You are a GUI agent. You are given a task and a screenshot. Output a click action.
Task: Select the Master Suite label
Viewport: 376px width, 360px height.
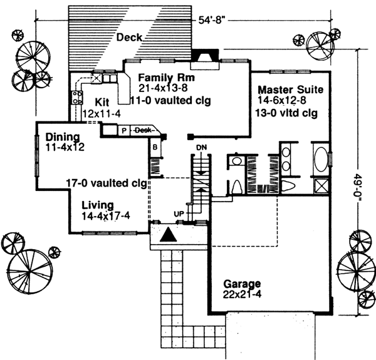[x=290, y=90]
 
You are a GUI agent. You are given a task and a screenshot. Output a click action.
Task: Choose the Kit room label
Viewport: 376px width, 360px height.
[x=103, y=101]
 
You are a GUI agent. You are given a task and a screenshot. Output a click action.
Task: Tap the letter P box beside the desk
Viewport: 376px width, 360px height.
[x=124, y=130]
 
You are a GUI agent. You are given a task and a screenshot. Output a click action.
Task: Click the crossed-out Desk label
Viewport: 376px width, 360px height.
[x=144, y=130]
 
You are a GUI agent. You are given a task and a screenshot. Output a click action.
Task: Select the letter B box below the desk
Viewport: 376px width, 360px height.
[x=154, y=148]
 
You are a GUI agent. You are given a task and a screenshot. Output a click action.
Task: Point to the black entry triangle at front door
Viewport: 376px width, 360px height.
[x=167, y=235]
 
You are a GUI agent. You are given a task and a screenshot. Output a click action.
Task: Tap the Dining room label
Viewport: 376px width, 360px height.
[x=61, y=137]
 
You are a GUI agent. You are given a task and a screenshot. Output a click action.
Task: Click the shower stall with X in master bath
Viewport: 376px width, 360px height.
[x=320, y=185]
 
